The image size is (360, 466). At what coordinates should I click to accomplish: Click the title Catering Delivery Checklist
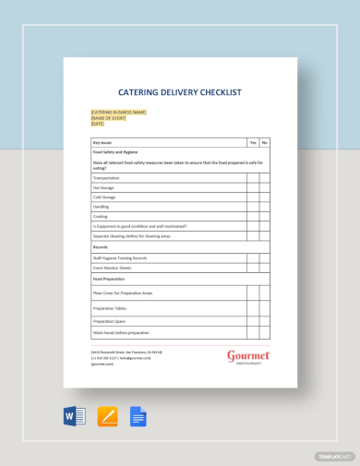pyautogui.click(x=180, y=91)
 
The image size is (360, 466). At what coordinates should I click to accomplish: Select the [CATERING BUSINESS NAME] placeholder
pyautogui.click(x=118, y=113)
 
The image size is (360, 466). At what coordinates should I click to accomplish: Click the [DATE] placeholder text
pyautogui.click(x=98, y=124)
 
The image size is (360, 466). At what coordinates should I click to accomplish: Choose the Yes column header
pyautogui.click(x=252, y=143)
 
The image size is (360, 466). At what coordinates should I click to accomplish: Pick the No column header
pyautogui.click(x=264, y=143)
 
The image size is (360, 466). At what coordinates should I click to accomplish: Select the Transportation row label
pyautogui.click(x=106, y=177)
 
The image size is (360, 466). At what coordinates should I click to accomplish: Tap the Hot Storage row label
pyautogui.click(x=103, y=187)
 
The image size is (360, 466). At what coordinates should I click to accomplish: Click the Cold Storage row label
pyautogui.click(x=104, y=197)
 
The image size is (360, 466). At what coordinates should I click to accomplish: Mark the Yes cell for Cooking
pyautogui.click(x=252, y=216)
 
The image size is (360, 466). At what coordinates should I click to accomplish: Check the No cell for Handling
pyautogui.click(x=264, y=207)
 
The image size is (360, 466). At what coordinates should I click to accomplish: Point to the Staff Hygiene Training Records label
pyautogui.click(x=120, y=257)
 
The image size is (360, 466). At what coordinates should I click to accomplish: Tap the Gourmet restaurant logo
pyautogui.click(x=247, y=356)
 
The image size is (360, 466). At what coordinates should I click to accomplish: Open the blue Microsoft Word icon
pyautogui.click(x=75, y=416)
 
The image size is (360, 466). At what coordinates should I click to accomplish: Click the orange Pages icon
pyautogui.click(x=107, y=416)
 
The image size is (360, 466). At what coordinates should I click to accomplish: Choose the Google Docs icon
pyautogui.click(x=138, y=416)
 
